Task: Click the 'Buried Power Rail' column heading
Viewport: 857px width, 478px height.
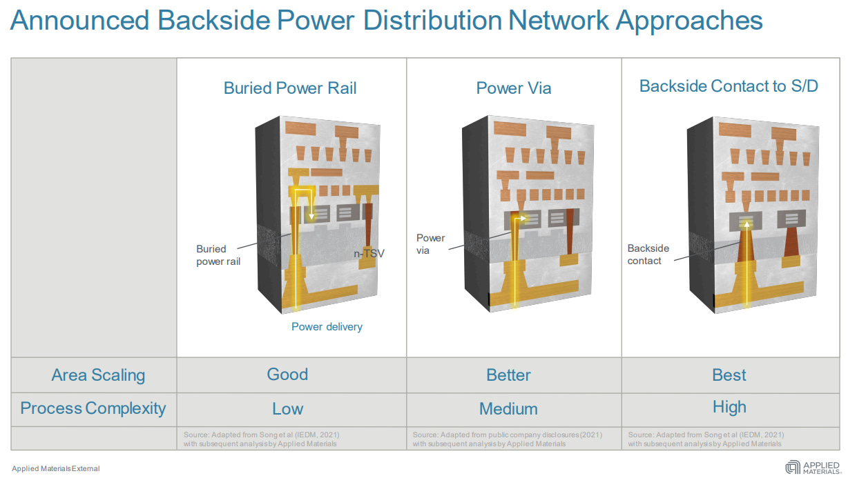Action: pos(290,88)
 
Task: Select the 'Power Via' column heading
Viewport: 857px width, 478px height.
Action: pos(514,88)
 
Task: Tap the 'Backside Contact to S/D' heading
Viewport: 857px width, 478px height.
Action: pos(729,86)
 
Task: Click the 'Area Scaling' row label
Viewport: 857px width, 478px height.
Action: pos(98,375)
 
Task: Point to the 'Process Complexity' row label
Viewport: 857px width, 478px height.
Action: pos(93,408)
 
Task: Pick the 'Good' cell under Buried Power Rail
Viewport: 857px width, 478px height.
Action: pos(287,375)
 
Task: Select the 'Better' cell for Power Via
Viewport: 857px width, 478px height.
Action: pos(508,375)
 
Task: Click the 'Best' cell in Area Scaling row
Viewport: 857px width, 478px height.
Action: pos(729,375)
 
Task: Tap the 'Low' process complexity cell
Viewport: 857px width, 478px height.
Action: pos(287,409)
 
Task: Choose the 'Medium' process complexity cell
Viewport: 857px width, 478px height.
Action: pos(508,409)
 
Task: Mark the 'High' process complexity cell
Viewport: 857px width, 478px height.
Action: pos(729,407)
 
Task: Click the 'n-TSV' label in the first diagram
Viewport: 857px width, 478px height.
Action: pos(369,254)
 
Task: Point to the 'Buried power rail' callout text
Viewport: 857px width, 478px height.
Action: pos(218,255)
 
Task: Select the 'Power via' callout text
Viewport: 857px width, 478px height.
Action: pos(430,244)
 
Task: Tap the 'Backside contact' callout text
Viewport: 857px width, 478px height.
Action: pos(648,255)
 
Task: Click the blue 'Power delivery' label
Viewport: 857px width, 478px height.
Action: pos(327,327)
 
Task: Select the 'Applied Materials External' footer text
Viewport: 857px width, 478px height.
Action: pos(55,469)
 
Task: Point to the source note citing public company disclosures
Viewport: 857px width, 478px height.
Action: pos(507,439)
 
